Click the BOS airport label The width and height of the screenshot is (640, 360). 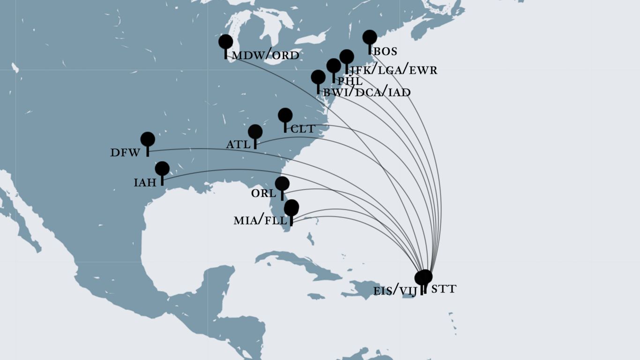coord(385,52)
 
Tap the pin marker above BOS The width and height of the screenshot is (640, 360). coord(370,37)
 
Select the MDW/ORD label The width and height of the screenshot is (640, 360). coord(266,56)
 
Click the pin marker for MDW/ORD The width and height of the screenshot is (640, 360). coord(226,42)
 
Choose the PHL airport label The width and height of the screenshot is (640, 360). coord(350,81)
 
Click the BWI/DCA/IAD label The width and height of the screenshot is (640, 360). coord(367,92)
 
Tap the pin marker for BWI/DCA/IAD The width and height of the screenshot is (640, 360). coord(318,77)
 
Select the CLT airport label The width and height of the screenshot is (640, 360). coord(303,129)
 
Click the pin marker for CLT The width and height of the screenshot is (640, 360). coord(285,115)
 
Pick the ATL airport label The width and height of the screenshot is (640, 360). coord(238,144)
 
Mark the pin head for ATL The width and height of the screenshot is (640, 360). coord(255,132)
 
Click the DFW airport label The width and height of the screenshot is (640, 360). coord(125,152)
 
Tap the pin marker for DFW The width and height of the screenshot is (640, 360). coord(148,139)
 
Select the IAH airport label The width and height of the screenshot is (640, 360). coord(145,182)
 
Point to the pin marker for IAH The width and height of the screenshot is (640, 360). coord(162,169)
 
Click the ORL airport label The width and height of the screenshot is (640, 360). coord(264,193)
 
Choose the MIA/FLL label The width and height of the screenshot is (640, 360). coord(260,220)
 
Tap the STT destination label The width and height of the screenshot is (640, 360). coord(443,289)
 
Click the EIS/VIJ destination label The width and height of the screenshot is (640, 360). coord(395,291)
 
